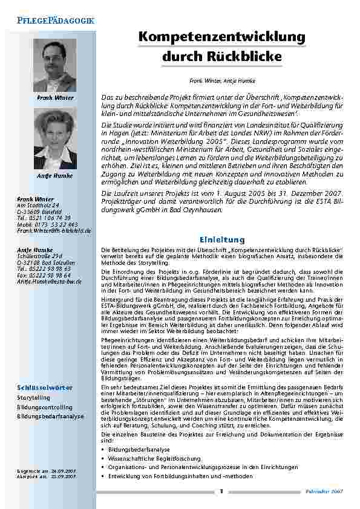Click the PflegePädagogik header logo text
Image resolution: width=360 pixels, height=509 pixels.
(55, 20)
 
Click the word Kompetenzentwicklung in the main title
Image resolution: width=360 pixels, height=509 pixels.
(222, 37)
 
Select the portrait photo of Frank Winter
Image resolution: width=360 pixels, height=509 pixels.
(55, 65)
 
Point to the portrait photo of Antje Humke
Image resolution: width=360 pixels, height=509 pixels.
(55, 140)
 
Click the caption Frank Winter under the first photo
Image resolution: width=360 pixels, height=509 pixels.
(55, 97)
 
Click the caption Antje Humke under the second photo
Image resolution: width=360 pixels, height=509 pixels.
(55, 175)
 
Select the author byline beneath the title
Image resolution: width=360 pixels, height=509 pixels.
(222, 80)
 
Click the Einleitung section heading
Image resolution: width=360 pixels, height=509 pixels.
(222, 239)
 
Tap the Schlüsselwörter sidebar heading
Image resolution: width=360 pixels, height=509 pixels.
(45, 387)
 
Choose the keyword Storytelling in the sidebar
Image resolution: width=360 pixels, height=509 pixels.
(34, 398)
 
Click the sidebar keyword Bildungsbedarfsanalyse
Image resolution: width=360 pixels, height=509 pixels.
(50, 417)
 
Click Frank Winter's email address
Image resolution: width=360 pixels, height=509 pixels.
(53, 231)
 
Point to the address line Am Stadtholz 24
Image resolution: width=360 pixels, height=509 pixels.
(39, 206)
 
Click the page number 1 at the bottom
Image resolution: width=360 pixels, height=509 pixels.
(222, 491)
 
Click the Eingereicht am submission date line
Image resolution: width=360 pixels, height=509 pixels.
(47, 470)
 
